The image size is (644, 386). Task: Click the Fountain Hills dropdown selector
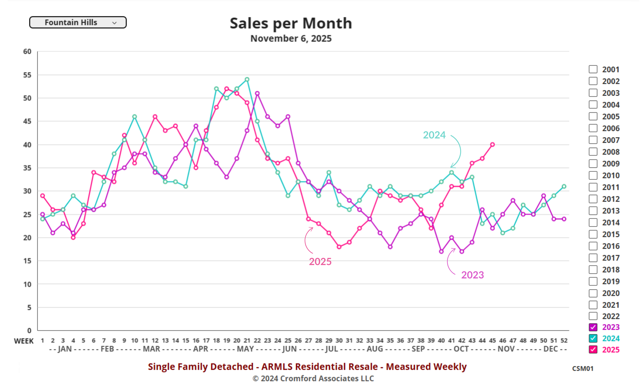coord(78,22)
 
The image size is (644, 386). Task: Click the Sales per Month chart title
coord(291,23)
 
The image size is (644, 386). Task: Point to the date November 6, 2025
coord(291,39)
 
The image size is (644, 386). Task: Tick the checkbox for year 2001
coord(593,69)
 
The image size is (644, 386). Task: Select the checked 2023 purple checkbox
coord(593,327)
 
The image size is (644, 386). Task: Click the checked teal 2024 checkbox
coord(593,338)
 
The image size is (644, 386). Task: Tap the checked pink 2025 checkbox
coord(593,349)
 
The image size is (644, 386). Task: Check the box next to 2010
coord(593,175)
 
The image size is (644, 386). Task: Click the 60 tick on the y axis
coord(27,51)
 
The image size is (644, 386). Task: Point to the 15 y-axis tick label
coord(27,261)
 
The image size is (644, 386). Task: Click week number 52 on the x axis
coord(564,340)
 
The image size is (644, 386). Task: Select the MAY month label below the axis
coord(245,349)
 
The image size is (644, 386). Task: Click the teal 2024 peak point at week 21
coord(247,79)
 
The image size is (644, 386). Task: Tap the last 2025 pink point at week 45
coord(492,144)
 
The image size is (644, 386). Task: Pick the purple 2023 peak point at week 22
coord(257,93)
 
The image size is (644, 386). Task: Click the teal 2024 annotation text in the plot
coord(434,135)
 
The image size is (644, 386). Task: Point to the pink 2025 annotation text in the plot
coord(320,261)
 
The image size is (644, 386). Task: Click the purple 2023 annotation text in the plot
coord(472,275)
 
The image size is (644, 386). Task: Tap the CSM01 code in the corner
coord(582,368)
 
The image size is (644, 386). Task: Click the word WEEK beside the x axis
coord(24,341)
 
